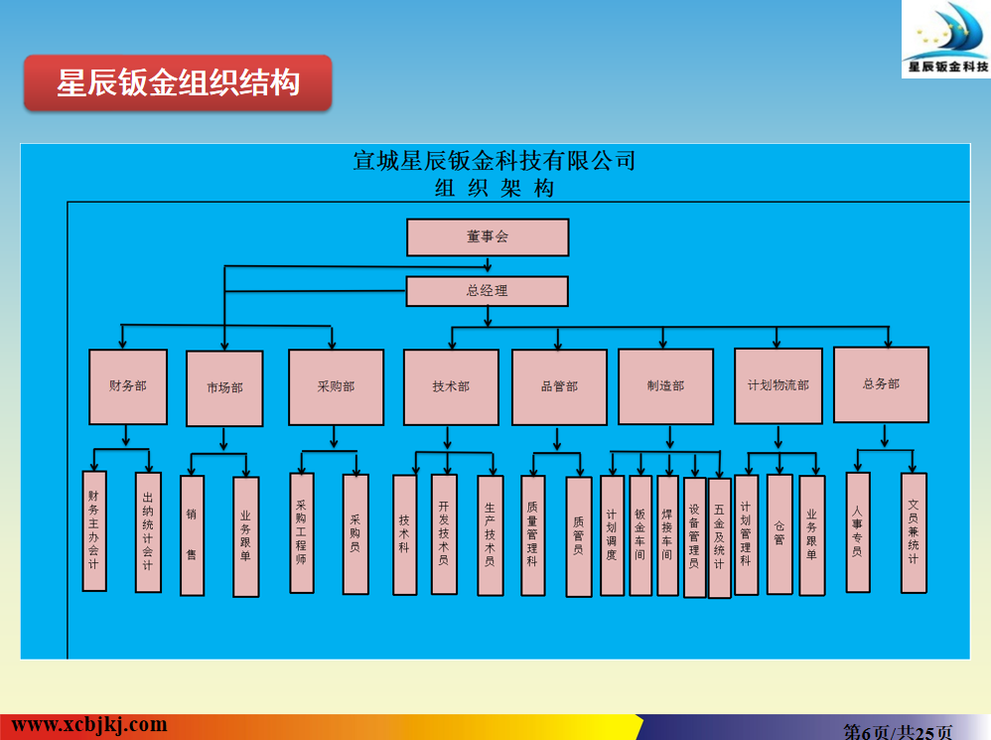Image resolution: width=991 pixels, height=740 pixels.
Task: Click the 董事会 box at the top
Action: coord(488,237)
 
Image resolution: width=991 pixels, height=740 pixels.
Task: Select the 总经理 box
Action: coord(488,291)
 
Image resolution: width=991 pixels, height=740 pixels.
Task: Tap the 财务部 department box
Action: coord(127,385)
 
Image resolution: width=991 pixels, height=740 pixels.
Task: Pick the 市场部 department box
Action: coord(224,387)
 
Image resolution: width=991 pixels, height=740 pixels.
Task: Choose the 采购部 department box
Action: coord(336,386)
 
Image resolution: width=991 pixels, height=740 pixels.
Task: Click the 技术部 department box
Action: coord(451,386)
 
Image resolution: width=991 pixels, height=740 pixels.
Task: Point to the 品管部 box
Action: coord(559,386)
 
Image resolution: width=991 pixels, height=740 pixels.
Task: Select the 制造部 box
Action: coord(665,385)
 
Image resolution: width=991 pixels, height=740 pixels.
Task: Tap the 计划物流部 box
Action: coord(779,384)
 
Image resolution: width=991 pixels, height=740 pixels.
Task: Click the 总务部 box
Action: coord(881,383)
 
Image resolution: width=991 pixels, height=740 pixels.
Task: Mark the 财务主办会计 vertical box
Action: coord(94,530)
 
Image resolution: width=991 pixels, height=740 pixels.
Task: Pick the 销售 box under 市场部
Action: coord(192,534)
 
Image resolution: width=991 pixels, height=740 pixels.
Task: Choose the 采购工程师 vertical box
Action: coord(302,531)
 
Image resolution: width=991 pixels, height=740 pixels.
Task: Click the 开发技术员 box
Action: coord(444,533)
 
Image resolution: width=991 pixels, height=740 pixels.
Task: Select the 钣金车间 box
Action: coord(640,534)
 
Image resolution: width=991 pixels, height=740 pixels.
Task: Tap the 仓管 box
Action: coord(779,533)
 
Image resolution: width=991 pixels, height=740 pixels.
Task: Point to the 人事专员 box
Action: coord(858,531)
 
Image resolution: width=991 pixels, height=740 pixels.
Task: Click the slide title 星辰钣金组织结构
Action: coord(178,82)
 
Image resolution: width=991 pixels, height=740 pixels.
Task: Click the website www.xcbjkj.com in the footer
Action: coord(89,725)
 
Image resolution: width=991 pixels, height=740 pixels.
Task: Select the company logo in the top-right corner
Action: coord(946,40)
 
